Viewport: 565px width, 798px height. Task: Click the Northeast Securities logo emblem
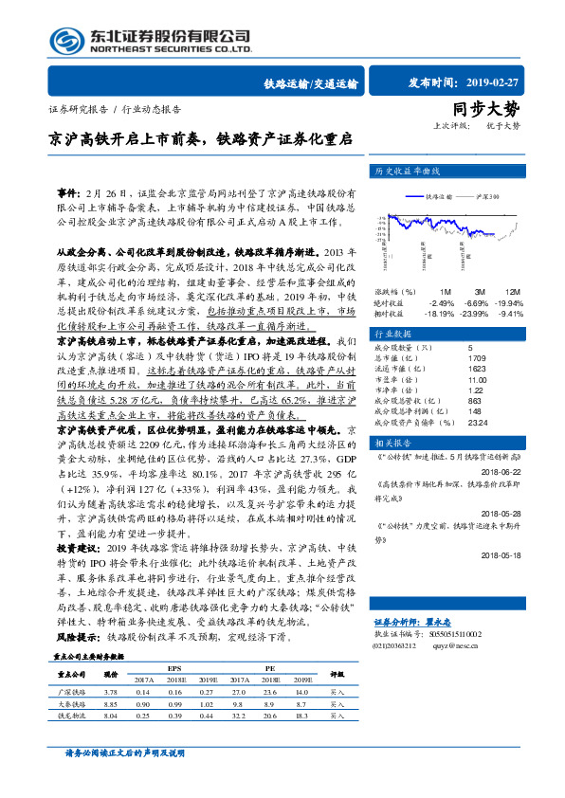[x=66, y=40]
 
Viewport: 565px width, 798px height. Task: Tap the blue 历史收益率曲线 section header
[x=410, y=172]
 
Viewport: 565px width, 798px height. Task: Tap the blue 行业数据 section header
[x=392, y=335]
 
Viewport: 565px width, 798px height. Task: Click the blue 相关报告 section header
[x=392, y=443]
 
